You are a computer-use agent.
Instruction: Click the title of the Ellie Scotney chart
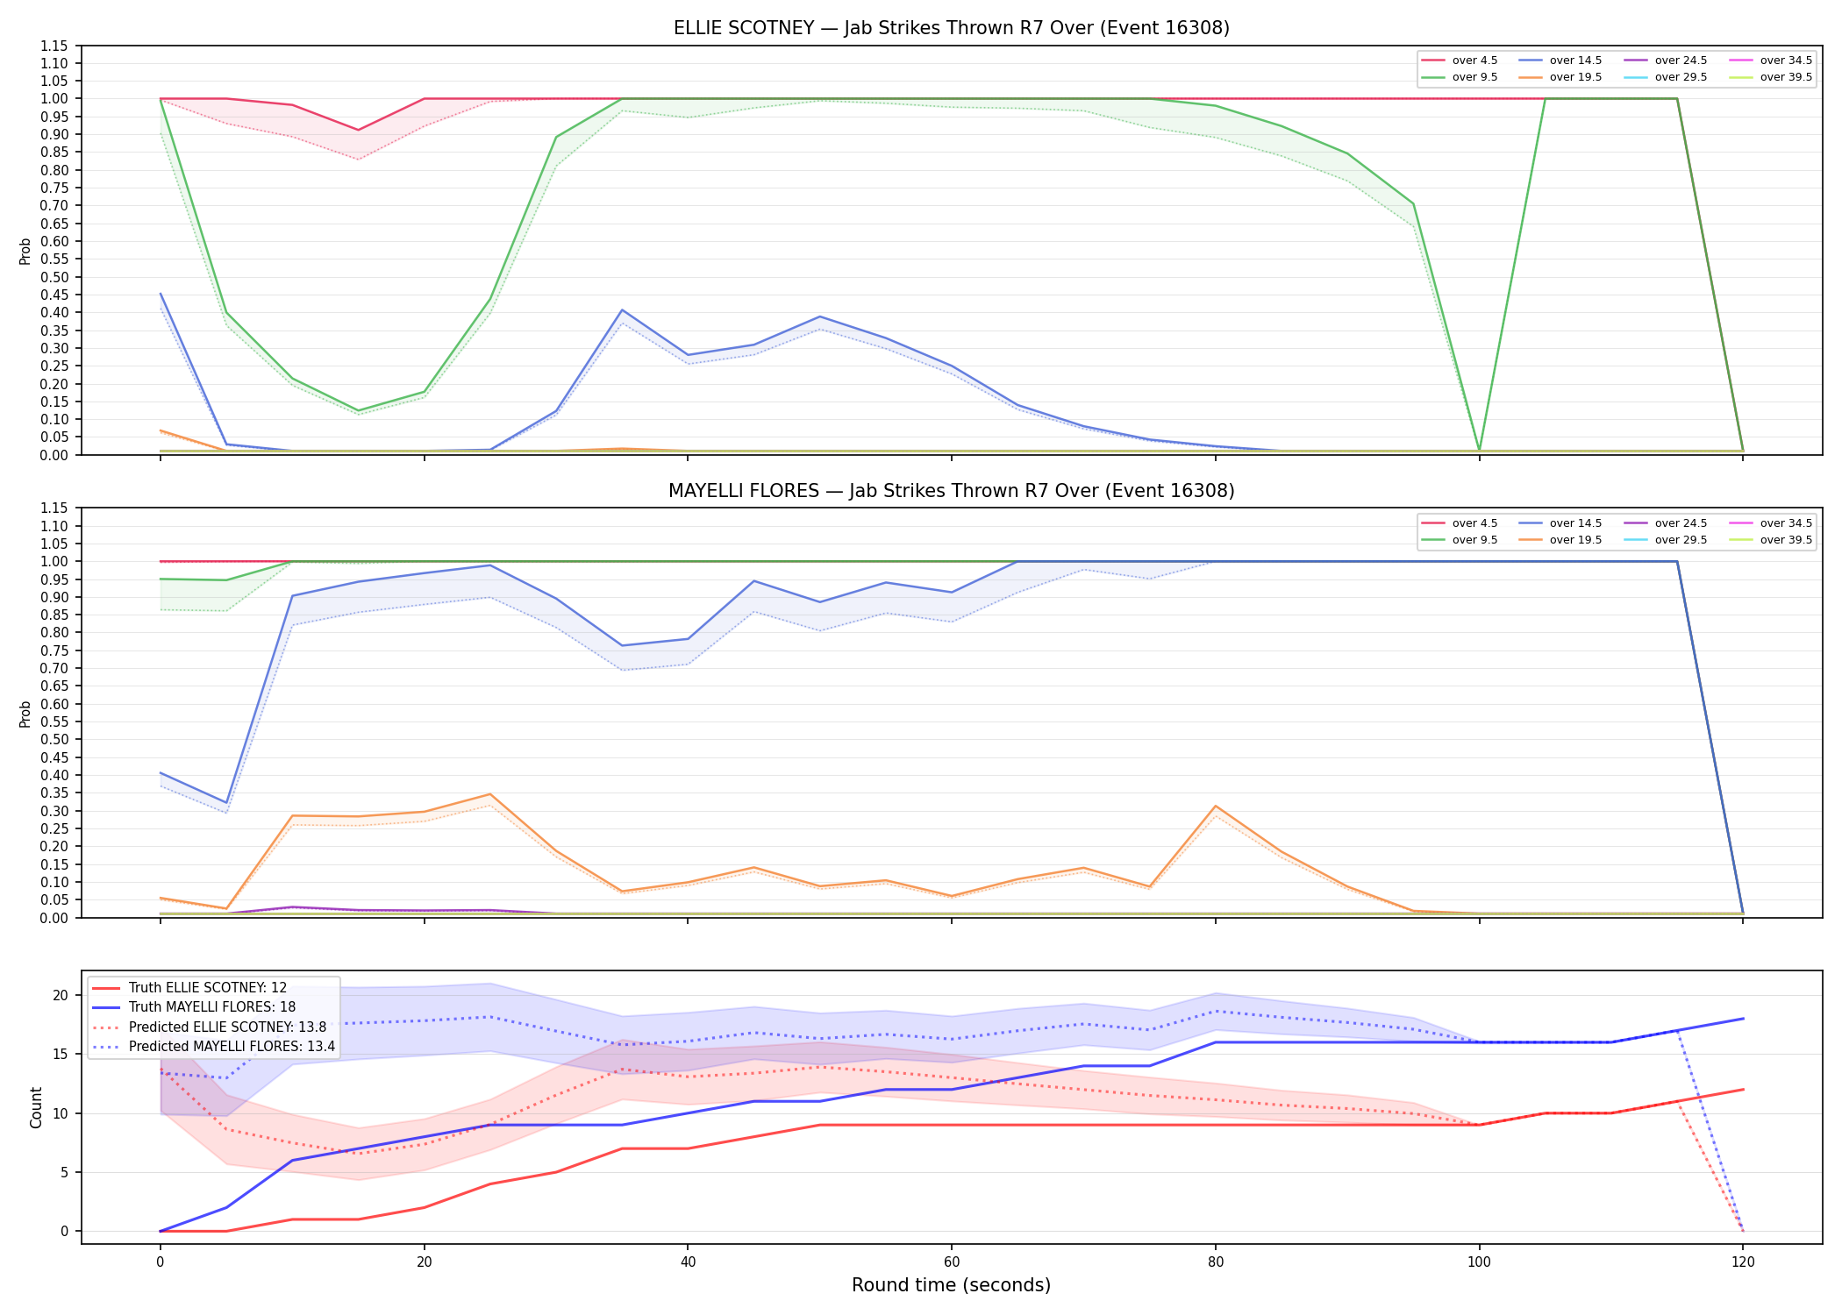[x=951, y=28]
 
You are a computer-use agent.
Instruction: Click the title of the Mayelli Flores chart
[x=951, y=491]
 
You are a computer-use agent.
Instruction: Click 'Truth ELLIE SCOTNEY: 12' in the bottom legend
[x=207, y=988]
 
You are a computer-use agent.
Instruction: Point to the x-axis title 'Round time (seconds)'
[x=951, y=1285]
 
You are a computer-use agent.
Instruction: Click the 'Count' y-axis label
[x=36, y=1107]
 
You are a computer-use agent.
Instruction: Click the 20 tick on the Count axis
[x=61, y=996]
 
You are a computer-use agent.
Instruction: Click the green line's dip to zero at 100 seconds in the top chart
[x=1479, y=451]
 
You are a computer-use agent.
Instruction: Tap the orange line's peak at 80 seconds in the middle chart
[x=1215, y=806]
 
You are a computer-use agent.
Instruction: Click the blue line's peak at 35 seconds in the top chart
[x=622, y=310]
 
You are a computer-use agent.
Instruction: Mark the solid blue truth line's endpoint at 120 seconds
[x=1743, y=1019]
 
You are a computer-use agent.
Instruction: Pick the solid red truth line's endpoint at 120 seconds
[x=1743, y=1090]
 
